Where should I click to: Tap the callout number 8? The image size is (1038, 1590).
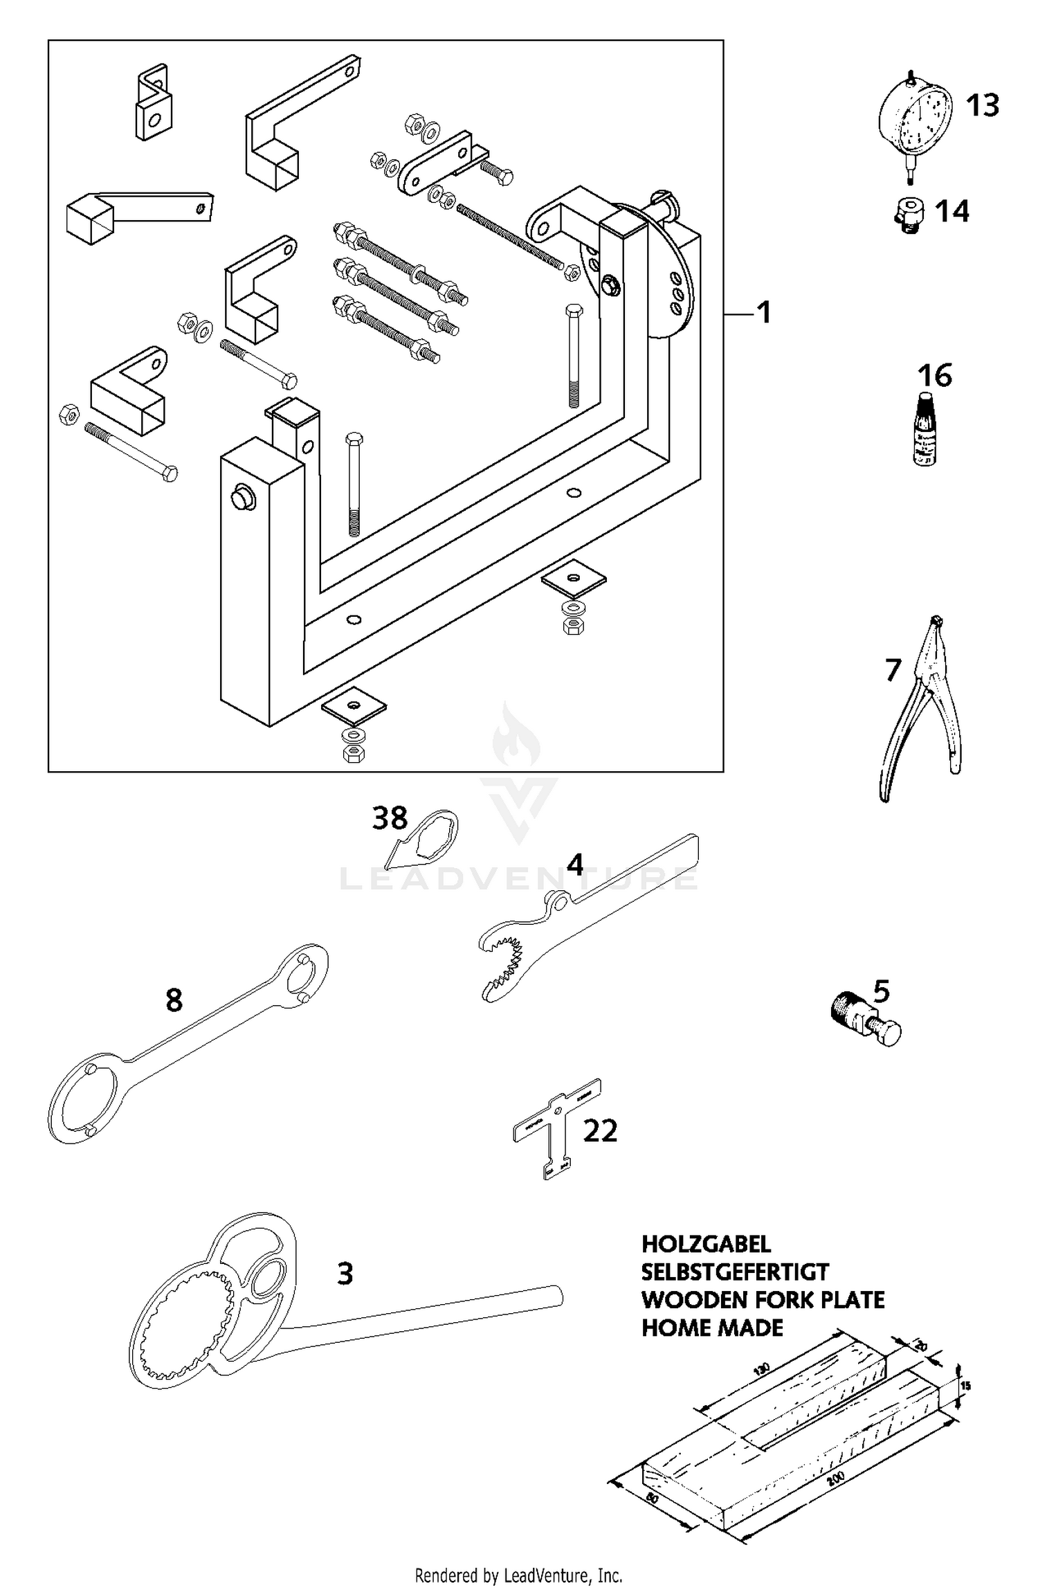pos(174,1000)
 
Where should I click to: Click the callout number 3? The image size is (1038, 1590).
pos(345,1273)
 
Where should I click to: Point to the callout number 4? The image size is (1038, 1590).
pos(574,865)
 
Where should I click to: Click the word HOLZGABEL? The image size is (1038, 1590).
pos(706,1244)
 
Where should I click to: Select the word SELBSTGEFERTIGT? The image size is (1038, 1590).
pos(735,1272)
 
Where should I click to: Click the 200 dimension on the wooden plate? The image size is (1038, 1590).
pos(835,1477)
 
